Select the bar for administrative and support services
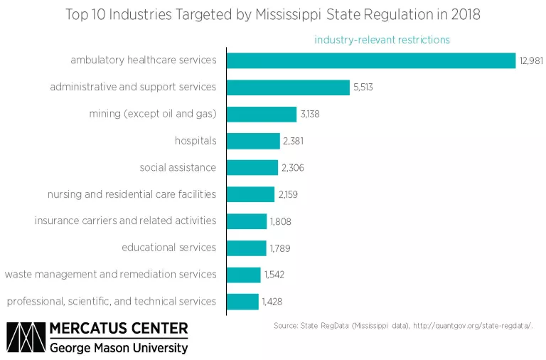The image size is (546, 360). point(289,88)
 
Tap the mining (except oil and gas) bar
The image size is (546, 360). point(262,115)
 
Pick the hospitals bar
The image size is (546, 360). point(254,141)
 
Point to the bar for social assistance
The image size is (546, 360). point(252,168)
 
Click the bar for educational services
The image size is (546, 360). point(247,248)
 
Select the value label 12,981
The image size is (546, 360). point(531,61)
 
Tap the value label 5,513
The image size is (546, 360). point(363,88)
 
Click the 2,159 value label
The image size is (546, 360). point(287,195)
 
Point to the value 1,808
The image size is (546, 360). point(280,221)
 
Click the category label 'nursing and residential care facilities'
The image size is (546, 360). point(132,194)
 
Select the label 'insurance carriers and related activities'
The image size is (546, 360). point(125,221)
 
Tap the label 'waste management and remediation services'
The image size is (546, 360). point(110,275)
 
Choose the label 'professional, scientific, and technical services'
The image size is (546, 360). point(111,302)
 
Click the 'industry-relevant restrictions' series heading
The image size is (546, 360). point(382,40)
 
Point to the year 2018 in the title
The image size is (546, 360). point(464,14)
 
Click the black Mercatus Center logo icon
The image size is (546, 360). point(26,339)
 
